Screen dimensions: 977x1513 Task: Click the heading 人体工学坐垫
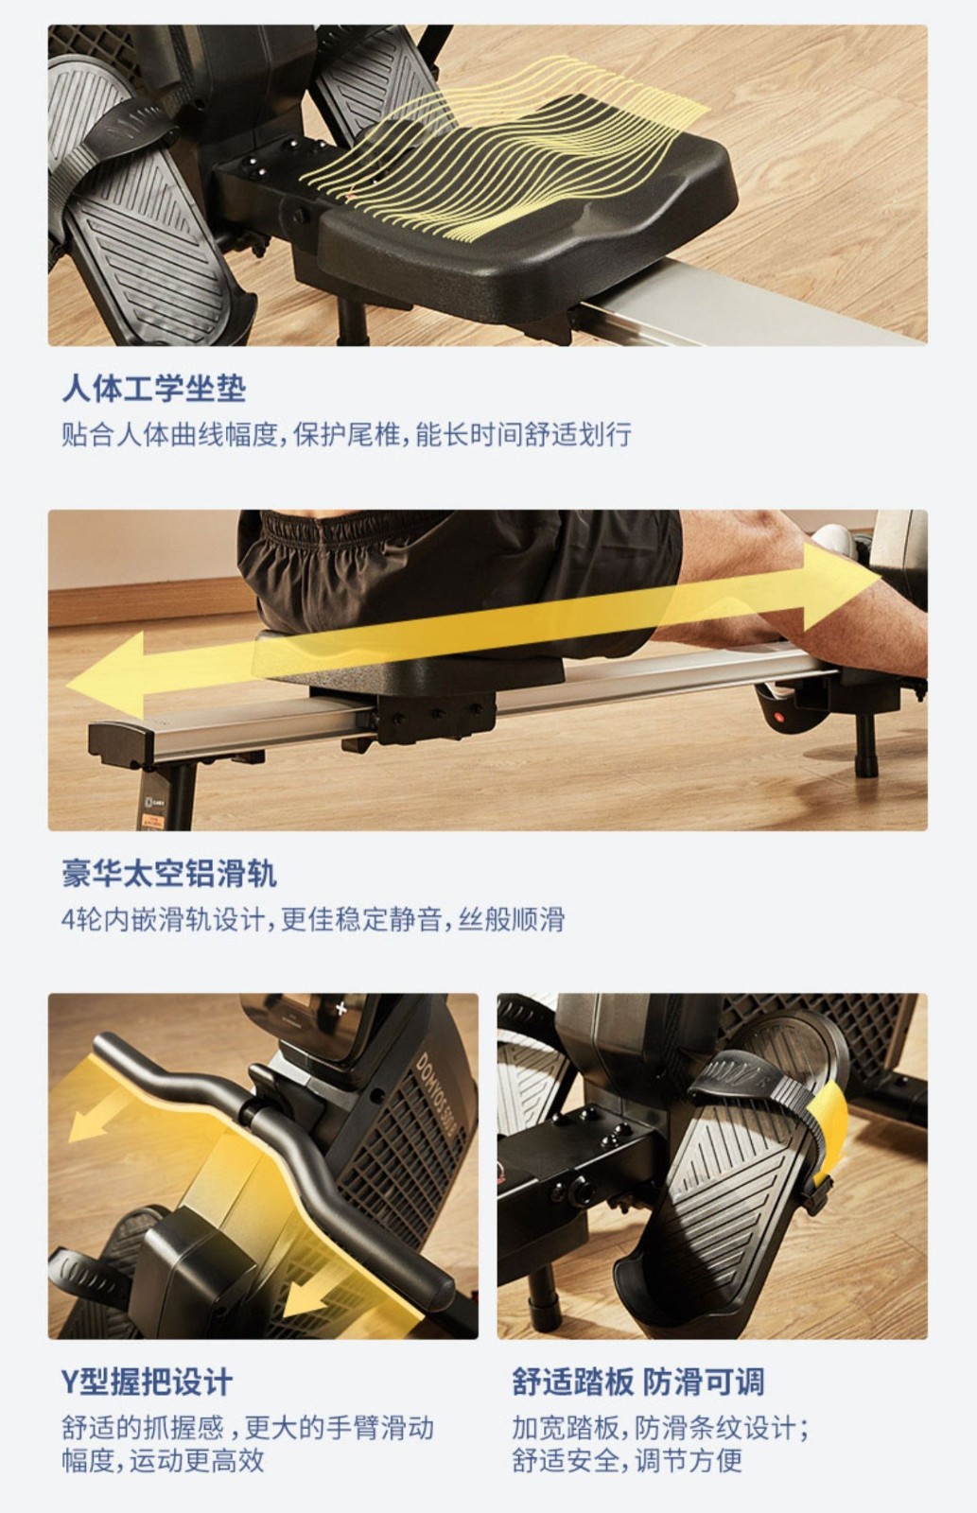[x=154, y=389]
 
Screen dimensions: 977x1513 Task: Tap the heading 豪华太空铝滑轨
[x=169, y=873]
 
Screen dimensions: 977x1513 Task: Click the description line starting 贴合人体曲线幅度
[x=346, y=434]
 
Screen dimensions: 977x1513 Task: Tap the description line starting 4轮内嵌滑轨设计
[x=313, y=919]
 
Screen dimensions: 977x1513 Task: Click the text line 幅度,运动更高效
[x=163, y=1461]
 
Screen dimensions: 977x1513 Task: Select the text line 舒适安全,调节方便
[x=627, y=1461]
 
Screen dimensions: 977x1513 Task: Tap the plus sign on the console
[x=341, y=1009]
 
